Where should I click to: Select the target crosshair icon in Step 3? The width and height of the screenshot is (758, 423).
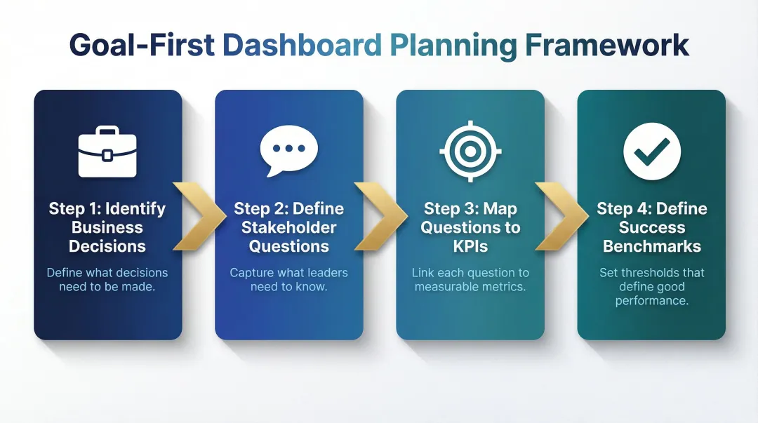470,151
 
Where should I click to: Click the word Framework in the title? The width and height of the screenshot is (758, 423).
608,45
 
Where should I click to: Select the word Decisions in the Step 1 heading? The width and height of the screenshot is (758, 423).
107,246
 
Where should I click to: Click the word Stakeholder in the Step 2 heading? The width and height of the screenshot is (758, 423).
289,227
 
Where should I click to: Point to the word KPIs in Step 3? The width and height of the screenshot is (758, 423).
470,246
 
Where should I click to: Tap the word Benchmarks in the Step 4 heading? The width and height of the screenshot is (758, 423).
652,246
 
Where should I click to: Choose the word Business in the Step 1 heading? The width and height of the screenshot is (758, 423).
107,227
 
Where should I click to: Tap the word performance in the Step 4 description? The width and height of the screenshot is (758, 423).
652,300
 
